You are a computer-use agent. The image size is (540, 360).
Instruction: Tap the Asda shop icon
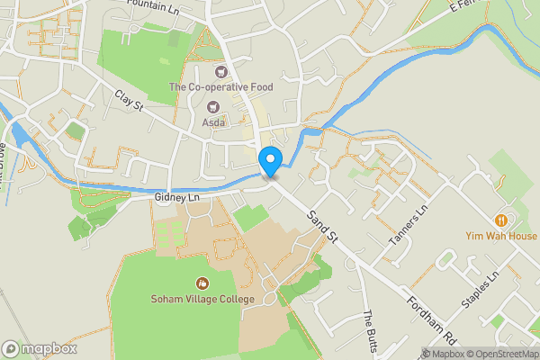[x=212, y=106]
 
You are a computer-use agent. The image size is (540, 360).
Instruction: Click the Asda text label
[x=213, y=122]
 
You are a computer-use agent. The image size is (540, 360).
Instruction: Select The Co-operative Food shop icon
[x=218, y=70]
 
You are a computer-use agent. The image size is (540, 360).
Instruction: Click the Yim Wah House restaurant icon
[x=500, y=220]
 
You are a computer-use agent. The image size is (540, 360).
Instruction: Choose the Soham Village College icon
[x=202, y=283]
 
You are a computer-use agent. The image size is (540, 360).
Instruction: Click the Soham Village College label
[x=202, y=299]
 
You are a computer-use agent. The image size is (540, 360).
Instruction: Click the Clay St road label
[x=129, y=100]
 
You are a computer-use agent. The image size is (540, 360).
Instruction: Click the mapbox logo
[x=40, y=348]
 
